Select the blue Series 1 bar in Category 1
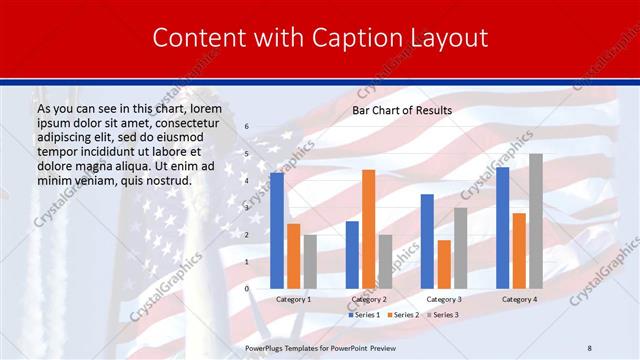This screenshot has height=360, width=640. [x=277, y=230]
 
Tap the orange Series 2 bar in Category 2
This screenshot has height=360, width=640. [x=368, y=229]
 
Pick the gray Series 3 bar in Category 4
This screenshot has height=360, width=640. [x=535, y=221]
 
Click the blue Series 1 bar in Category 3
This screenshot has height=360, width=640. [x=427, y=241]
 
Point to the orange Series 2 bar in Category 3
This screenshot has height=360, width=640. [x=444, y=264]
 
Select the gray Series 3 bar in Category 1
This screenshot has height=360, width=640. [x=310, y=261]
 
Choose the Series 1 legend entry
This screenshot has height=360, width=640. [x=364, y=315]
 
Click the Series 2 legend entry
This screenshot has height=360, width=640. [x=403, y=315]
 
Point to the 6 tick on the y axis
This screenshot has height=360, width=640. [x=247, y=127]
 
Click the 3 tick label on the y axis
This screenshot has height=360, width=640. [x=247, y=208]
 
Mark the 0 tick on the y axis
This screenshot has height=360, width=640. [x=247, y=288]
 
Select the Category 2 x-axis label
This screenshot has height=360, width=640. [x=368, y=299]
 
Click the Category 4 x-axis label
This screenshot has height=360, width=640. [x=519, y=299]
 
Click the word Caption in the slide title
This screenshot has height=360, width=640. [x=342, y=38]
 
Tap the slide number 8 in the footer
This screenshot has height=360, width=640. [x=589, y=347]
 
